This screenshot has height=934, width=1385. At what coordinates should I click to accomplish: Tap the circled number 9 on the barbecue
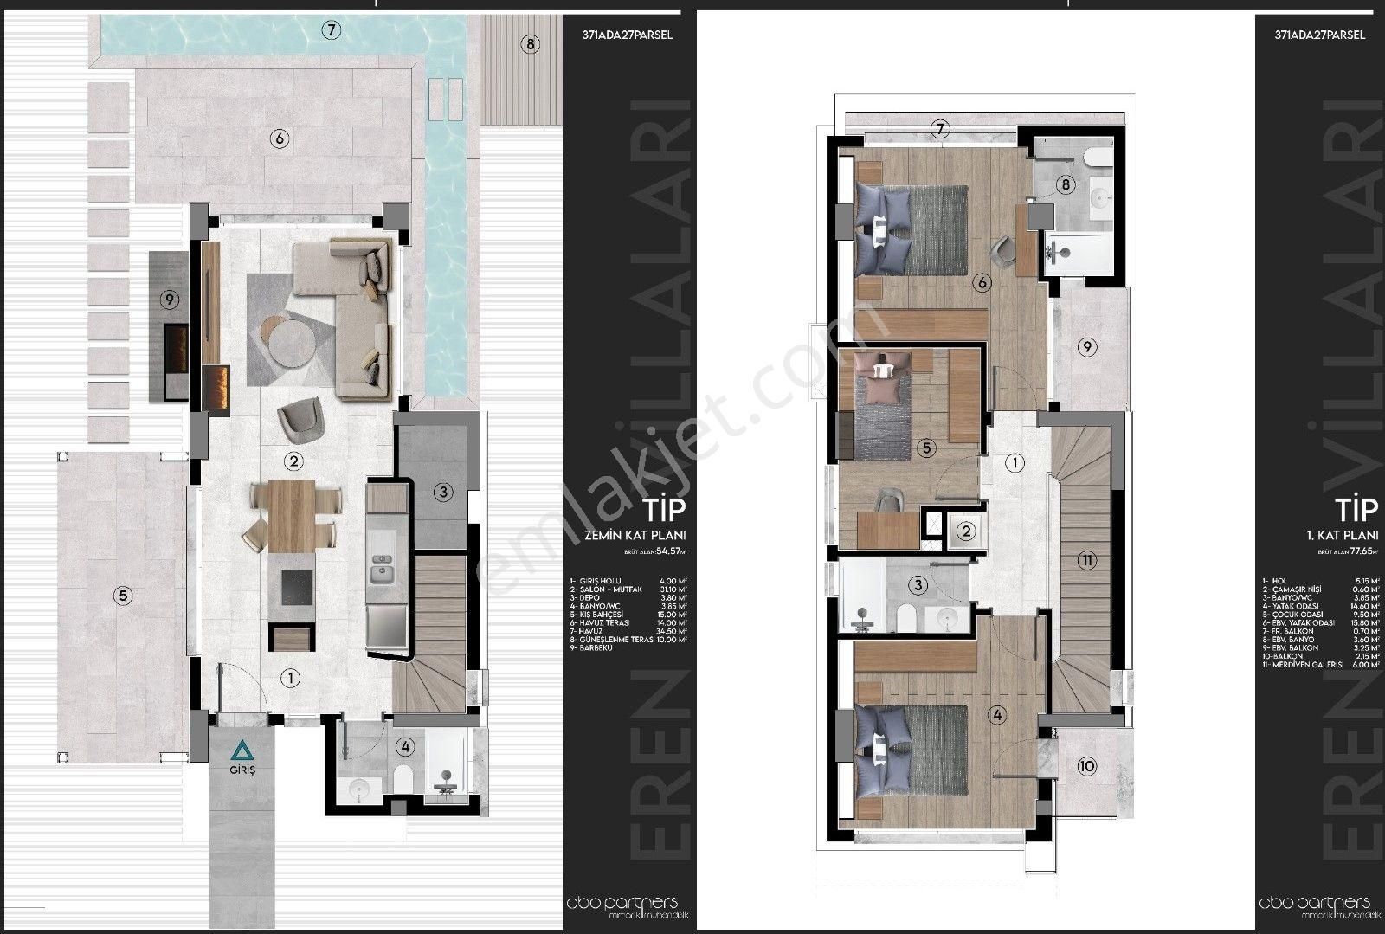pos(170,300)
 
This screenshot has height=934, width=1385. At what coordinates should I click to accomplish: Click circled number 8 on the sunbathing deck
pos(530,44)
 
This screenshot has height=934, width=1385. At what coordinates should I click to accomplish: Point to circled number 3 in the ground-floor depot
pos(442,493)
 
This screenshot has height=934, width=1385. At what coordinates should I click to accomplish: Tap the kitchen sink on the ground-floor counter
pos(379,572)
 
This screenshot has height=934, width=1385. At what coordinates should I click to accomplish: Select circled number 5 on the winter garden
pos(124,595)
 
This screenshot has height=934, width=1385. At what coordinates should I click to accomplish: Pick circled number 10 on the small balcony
pos(1087,765)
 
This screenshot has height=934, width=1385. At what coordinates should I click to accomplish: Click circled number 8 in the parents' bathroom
pos(1066,184)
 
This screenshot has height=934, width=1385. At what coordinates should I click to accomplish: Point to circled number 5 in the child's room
pos(925,448)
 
